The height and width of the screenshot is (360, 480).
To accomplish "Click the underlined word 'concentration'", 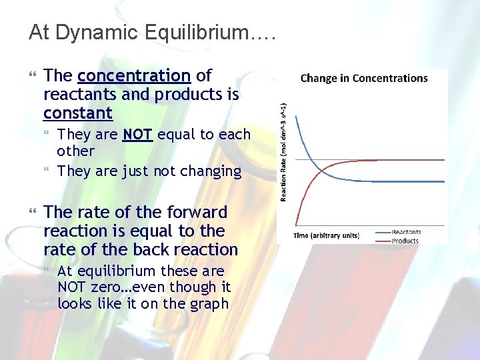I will pos(134,75).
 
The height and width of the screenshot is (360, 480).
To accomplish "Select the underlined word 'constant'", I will pos(78,113).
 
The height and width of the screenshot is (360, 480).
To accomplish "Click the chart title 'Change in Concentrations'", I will pos(364,78).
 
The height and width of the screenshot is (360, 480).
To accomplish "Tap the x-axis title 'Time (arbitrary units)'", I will pos(327,235).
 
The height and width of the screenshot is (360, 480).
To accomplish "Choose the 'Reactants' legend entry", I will pos(406,232).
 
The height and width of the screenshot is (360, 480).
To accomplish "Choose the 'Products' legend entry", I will pos(405,241).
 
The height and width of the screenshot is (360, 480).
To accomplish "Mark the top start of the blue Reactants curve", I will pos(296,117).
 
